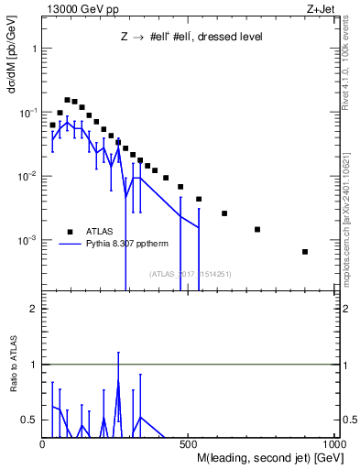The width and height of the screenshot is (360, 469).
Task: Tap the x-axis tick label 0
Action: pos(43,443)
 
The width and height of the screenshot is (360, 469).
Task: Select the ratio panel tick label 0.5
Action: pos(31,420)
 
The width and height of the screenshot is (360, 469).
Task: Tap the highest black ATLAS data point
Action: pos(67,100)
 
